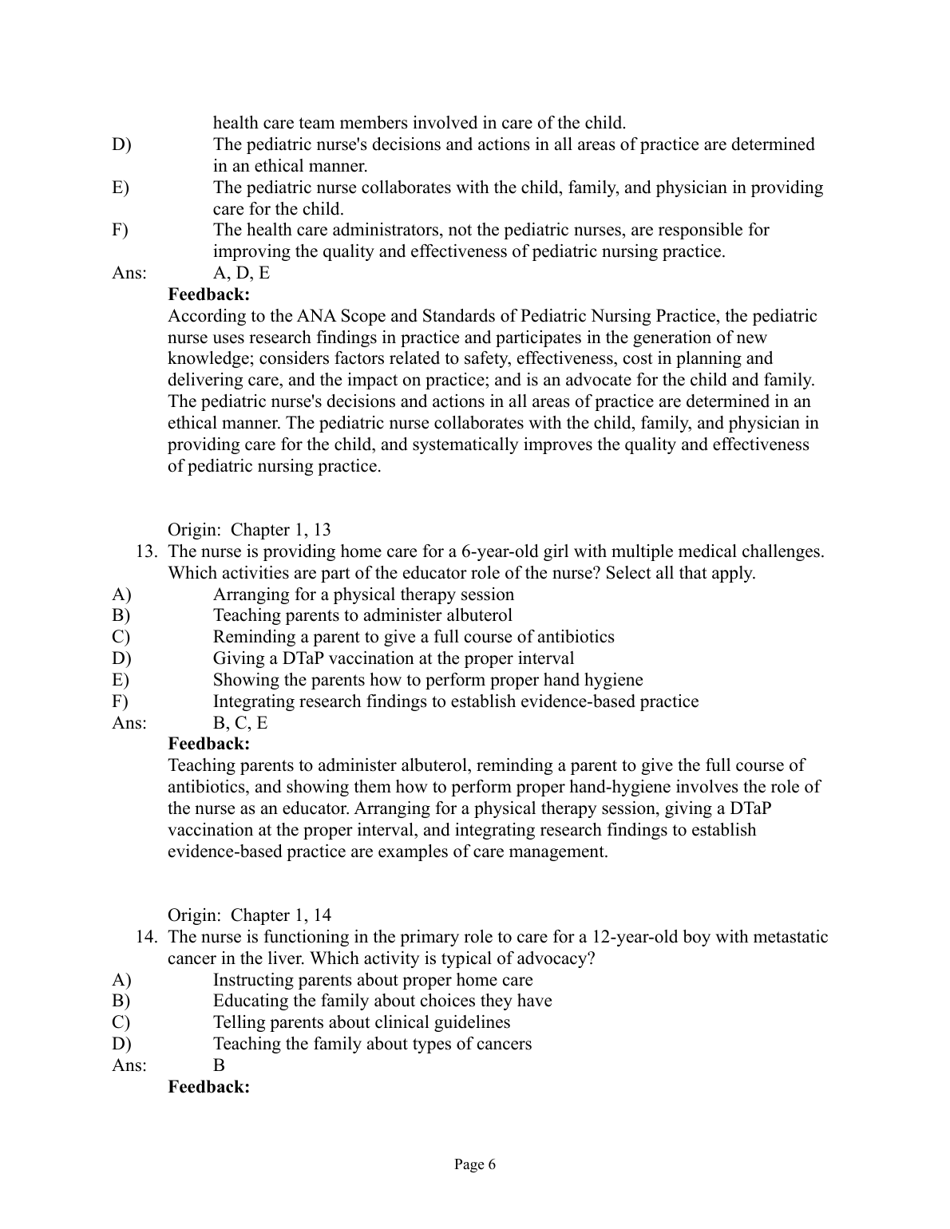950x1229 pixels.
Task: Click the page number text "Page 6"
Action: coord(475,1164)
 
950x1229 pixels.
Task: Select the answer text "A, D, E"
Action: coord(241,273)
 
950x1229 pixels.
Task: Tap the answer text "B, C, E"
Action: coord(240,723)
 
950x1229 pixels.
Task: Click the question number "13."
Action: coord(151,551)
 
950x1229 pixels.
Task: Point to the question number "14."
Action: coord(151,937)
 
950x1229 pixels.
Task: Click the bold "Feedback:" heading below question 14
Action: coord(209,1087)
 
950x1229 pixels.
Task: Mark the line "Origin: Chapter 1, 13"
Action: coord(249,530)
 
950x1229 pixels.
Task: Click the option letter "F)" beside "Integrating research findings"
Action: coord(121,701)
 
